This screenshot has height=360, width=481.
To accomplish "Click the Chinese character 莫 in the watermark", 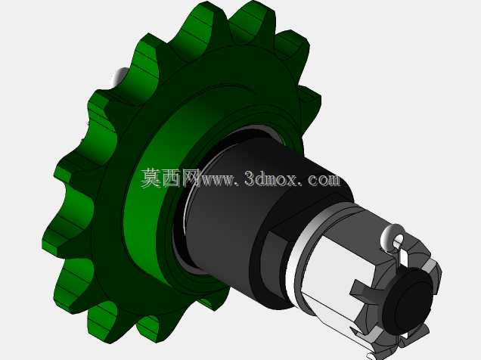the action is (x=151, y=178).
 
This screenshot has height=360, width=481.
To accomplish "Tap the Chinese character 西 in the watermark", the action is (x=171, y=178).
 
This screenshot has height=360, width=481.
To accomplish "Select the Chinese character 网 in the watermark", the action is (x=191, y=178).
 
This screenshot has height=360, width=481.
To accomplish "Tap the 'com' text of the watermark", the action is (x=324, y=180).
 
